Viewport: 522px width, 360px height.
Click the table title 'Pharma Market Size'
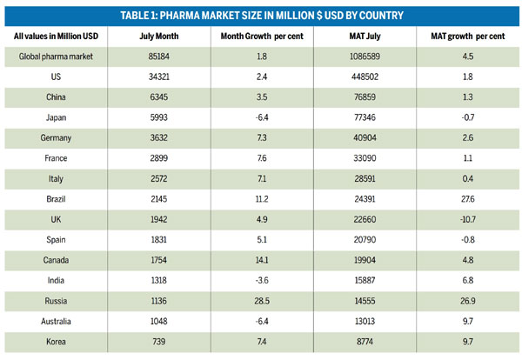click(x=261, y=16)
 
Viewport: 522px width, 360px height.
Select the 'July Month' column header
click(x=157, y=35)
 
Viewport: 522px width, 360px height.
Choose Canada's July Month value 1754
click(x=157, y=266)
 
